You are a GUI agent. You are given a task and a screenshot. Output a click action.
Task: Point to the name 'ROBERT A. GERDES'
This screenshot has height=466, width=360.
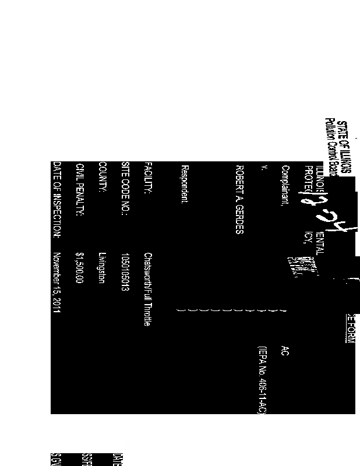click(238, 199)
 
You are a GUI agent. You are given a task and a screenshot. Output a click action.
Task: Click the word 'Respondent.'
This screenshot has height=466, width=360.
click(184, 185)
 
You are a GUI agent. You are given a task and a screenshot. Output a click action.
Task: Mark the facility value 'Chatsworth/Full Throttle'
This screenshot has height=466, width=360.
click(149, 289)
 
